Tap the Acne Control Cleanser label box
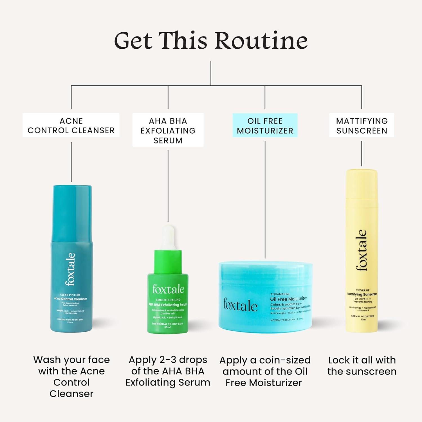tap(71, 125)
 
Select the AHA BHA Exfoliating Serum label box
tap(168, 130)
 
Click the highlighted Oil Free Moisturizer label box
tap(265, 125)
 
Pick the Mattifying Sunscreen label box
tap(362, 125)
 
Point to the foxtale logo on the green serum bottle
tap(168, 289)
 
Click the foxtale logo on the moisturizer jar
tap(240, 305)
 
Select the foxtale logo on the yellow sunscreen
tap(362, 250)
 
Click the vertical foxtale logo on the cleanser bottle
tap(70, 269)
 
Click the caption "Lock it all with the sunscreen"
tap(362, 366)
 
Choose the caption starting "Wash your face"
tap(71, 376)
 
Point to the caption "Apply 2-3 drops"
tap(168, 371)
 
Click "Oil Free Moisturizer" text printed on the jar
tap(288, 299)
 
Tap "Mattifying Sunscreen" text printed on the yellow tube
tap(362, 294)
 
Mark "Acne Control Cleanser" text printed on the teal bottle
tap(71, 299)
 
